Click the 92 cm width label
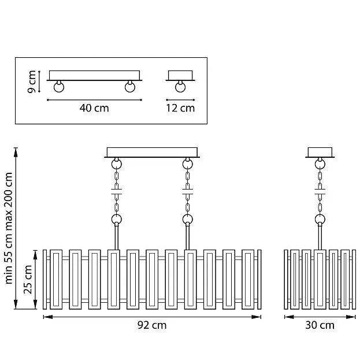[152, 325]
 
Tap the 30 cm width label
[320, 325]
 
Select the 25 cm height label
[28, 280]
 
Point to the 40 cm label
[94, 108]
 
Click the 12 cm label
[180, 108]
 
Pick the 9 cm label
[31, 81]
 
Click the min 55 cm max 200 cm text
[9, 228]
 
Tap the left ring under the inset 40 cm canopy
[59, 87]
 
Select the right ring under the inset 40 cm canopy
[130, 87]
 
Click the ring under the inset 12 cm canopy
[180, 87]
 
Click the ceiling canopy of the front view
[152, 153]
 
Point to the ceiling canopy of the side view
[320, 153]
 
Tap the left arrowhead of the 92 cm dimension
[48, 317]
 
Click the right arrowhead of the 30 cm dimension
[351, 317]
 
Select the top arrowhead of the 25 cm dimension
[35, 255]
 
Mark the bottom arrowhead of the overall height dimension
[16, 304]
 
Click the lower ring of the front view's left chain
[117, 219]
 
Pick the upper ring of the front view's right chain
[188, 164]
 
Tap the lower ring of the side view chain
[320, 219]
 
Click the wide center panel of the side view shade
[320, 280]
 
